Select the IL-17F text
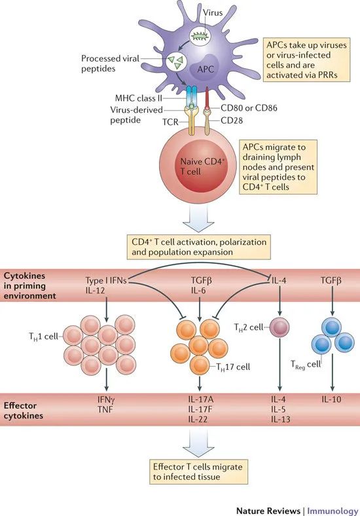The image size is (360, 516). (200, 409)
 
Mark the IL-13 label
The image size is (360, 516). (281, 420)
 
